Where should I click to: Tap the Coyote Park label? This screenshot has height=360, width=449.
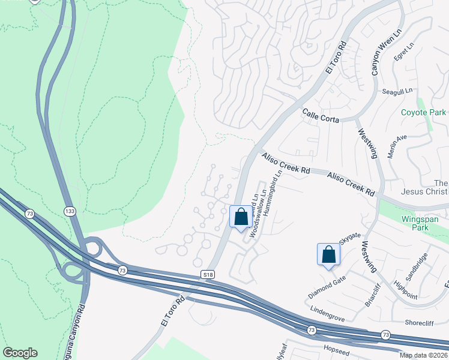pyautogui.click(x=424, y=112)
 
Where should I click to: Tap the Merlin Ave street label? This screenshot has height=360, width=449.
pyautogui.click(x=397, y=145)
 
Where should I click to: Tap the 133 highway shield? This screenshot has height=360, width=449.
pyautogui.click(x=70, y=211)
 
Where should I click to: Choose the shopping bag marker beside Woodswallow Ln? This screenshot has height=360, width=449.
pyautogui.click(x=241, y=217)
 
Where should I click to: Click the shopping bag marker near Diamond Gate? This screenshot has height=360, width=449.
pyautogui.click(x=328, y=254)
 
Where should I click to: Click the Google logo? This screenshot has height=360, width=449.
pyautogui.click(x=20, y=353)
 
